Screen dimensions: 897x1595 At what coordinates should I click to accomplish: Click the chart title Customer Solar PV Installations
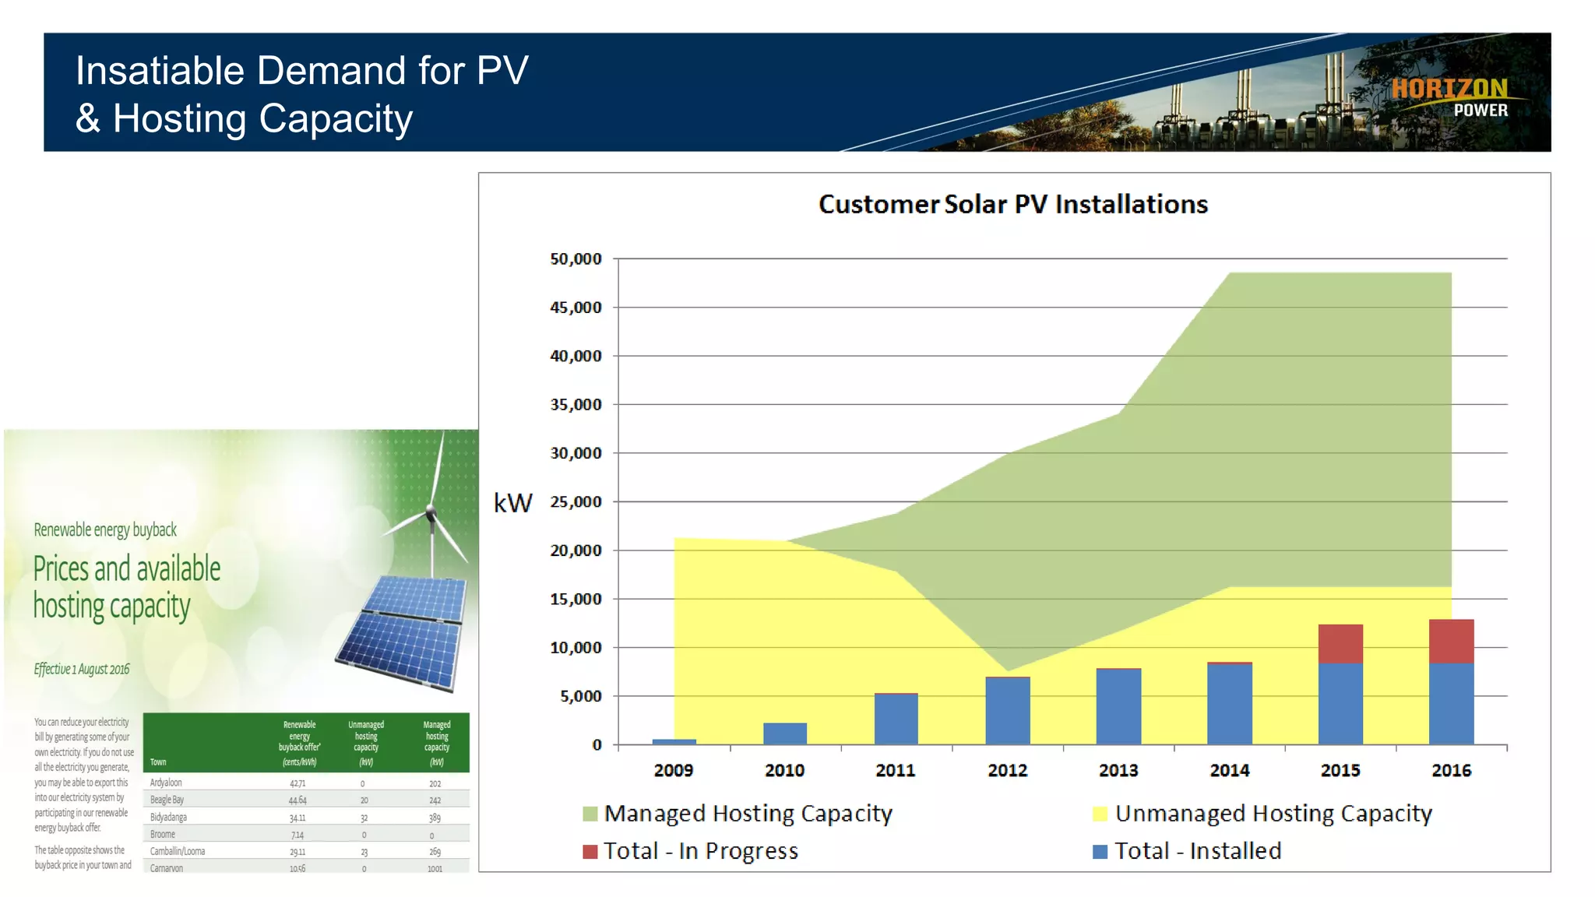1012,204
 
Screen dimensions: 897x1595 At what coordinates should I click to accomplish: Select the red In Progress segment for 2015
1340,644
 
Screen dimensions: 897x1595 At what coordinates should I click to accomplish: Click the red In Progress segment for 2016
1451,641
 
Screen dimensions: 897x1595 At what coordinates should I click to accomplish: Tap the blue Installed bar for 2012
1007,711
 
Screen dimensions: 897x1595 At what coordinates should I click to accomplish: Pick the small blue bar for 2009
674,741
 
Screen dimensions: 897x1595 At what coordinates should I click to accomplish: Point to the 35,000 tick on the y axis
576,405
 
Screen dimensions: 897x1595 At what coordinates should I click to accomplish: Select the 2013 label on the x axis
1118,770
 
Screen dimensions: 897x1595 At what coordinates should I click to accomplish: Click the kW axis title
513,503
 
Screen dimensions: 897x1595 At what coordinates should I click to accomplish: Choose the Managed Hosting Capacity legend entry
738,814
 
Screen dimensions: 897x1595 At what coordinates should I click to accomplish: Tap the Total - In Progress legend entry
691,851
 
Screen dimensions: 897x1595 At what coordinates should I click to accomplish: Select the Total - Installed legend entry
1188,851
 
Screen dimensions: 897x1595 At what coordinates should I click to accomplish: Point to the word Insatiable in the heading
160,71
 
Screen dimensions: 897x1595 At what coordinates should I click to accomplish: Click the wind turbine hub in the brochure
430,512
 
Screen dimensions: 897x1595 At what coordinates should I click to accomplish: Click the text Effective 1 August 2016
82,670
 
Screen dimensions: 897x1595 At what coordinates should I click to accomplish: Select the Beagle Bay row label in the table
167,800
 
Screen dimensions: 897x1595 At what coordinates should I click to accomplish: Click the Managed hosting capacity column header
436,737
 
